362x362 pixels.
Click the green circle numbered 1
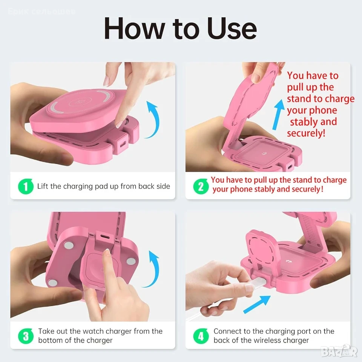[x=26, y=186]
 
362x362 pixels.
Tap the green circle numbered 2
[x=201, y=186]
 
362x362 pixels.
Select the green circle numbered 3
[x=26, y=336]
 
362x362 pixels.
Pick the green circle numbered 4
[x=201, y=336]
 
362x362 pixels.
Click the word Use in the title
[x=232, y=29]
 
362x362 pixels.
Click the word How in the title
[x=134, y=29]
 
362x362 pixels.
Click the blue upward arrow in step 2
[x=278, y=114]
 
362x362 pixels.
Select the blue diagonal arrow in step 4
[x=257, y=304]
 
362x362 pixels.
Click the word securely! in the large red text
[x=306, y=133]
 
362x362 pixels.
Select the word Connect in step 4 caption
[x=228, y=331]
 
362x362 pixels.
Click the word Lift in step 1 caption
[x=43, y=186]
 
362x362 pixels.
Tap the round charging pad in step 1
[x=80, y=101]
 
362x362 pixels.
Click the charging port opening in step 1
[x=123, y=144]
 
